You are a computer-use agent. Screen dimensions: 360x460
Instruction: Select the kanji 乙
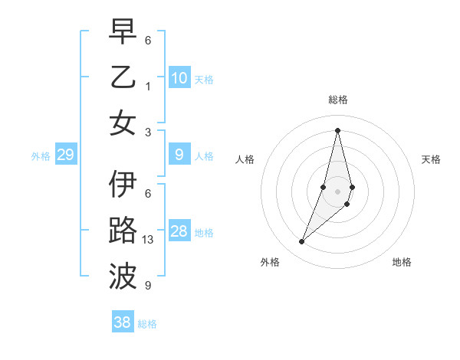123,77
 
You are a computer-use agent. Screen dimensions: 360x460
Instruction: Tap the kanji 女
123,123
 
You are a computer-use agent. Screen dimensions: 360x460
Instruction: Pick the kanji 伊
123,185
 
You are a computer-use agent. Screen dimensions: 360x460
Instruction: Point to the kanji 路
123,231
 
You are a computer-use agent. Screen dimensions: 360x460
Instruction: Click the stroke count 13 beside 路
149,240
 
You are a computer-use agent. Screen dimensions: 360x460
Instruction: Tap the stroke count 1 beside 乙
148,86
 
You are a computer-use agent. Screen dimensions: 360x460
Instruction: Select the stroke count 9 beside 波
148,286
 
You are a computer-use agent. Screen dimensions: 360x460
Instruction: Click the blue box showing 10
179,77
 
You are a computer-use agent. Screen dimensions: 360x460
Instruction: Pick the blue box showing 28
179,231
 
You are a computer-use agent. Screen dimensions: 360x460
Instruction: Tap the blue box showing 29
65,155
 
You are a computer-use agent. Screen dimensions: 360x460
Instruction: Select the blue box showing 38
122,322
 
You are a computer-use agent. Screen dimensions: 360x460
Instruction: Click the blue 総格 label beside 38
147,324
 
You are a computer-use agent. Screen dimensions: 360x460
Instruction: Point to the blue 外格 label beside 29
41,156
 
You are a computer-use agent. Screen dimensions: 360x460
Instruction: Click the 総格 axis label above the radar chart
337,100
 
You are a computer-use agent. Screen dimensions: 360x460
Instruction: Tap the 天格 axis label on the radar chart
431,159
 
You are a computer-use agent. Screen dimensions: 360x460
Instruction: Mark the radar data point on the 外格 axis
302,242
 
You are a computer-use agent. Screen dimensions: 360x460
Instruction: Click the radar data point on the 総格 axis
337,129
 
